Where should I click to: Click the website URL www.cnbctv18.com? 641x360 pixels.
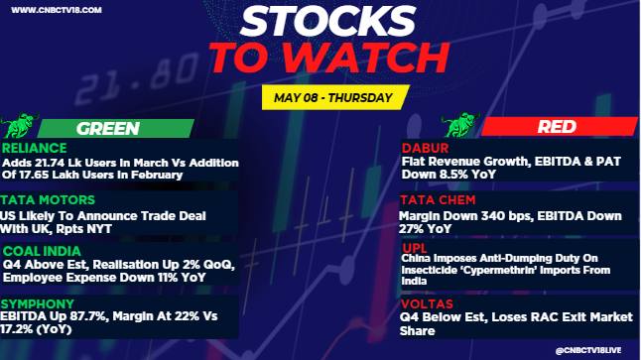[57, 10]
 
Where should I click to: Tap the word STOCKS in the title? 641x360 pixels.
[327, 21]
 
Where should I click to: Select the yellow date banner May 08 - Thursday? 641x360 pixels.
[335, 97]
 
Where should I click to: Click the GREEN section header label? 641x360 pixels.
[108, 128]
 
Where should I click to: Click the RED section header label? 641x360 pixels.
[557, 127]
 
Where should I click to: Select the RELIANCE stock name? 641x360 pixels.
[35, 148]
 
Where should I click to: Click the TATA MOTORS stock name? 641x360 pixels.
[48, 199]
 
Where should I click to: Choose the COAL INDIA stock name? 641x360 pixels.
[42, 251]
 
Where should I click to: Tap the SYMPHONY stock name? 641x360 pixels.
[37, 304]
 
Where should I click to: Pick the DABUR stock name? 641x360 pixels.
[425, 148]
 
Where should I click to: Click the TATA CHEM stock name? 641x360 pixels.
[438, 199]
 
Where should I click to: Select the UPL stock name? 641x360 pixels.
[415, 248]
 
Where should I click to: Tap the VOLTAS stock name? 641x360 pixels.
[427, 304]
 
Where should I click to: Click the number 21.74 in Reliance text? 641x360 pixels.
[50, 163]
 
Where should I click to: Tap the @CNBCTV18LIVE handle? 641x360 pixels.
[588, 351]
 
